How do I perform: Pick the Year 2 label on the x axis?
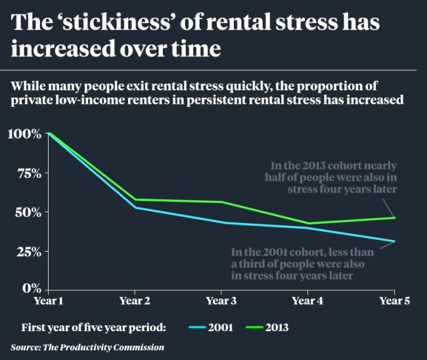click(x=134, y=301)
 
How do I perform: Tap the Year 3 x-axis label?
click(x=221, y=301)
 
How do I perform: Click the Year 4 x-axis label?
click(x=307, y=301)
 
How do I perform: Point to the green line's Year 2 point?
click(x=134, y=199)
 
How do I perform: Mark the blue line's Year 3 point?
click(x=221, y=223)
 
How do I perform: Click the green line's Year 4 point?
click(x=307, y=223)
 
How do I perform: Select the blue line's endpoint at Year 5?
click(x=394, y=241)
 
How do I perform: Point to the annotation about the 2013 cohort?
click(x=333, y=178)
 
